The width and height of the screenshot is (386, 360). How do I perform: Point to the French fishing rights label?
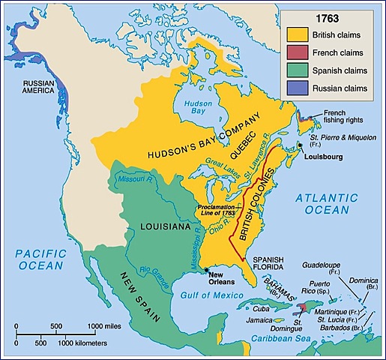pyautogui.click(x=343, y=118)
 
